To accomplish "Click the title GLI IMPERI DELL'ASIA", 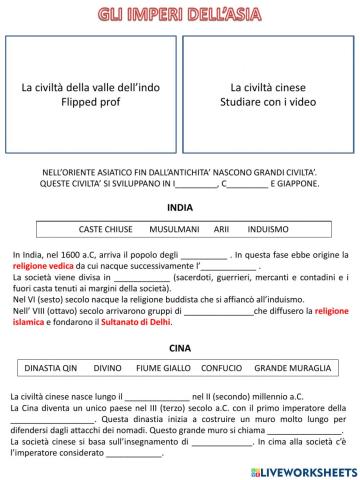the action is pyautogui.click(x=180, y=14).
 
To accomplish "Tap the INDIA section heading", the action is pyautogui.click(x=180, y=208).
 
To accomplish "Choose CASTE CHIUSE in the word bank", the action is pyautogui.click(x=106, y=229).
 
